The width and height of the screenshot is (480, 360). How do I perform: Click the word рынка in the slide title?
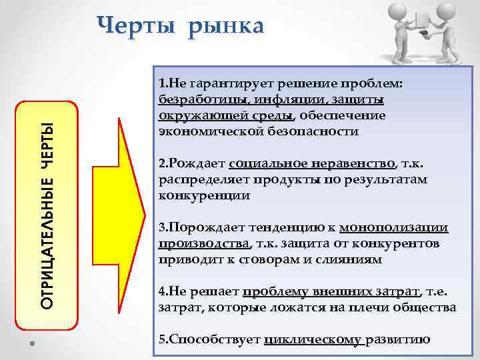pyautogui.click(x=226, y=27)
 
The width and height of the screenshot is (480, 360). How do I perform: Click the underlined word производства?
pyautogui.click(x=203, y=244)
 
